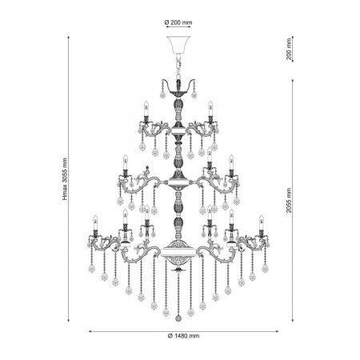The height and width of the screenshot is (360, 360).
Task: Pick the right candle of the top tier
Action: [x=210, y=110]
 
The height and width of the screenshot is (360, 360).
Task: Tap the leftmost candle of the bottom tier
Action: [x=94, y=224]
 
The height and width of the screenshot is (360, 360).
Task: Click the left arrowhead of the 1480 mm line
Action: [x=90, y=330]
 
